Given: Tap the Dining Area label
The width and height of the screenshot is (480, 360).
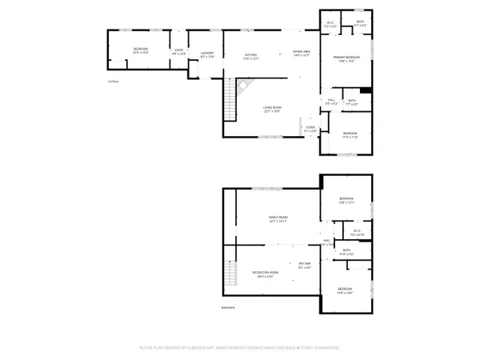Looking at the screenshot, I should pyautogui.click(x=301, y=53).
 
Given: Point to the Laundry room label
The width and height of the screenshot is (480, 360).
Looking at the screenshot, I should pyautogui.click(x=207, y=54).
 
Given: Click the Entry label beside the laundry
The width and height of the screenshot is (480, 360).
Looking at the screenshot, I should pyautogui.click(x=179, y=52).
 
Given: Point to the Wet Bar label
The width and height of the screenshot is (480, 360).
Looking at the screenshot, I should pyautogui.click(x=305, y=266).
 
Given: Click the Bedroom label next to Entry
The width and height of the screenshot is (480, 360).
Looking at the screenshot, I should pyautogui.click(x=141, y=51).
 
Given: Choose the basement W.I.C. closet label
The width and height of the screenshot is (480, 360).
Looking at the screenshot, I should pyautogui.click(x=357, y=234).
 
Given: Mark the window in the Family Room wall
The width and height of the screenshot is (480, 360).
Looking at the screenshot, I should pyautogui.click(x=262, y=189).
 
